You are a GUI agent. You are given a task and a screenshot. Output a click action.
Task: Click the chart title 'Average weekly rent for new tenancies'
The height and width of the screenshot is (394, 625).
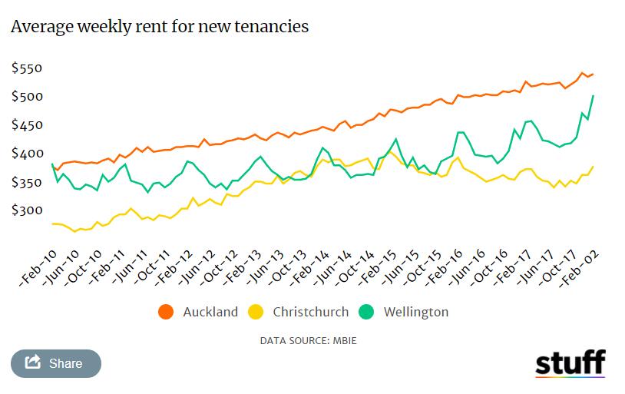(x=160, y=26)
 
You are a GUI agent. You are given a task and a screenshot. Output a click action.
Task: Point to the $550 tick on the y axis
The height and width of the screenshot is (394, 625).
(x=27, y=68)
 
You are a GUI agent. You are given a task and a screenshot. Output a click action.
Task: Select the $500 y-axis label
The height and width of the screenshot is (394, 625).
(x=27, y=97)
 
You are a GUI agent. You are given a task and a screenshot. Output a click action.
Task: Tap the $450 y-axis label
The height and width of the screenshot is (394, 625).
(x=27, y=125)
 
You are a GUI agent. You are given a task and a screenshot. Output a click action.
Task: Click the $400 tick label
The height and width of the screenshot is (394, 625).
(x=27, y=154)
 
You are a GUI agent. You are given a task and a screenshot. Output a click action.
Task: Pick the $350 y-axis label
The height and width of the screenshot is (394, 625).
(x=27, y=182)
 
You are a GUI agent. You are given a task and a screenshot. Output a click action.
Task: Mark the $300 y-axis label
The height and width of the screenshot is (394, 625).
(x=27, y=210)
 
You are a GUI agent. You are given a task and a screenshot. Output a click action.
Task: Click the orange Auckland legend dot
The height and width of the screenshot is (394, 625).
(x=166, y=312)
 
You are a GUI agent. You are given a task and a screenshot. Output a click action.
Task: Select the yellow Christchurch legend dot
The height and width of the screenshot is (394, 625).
(x=256, y=312)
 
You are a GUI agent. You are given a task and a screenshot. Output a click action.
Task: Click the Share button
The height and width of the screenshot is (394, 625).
(x=55, y=363)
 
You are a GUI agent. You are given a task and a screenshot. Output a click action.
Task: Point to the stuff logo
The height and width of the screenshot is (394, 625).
(x=570, y=363)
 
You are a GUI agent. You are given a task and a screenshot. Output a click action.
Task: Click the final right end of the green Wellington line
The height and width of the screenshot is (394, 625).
(x=594, y=96)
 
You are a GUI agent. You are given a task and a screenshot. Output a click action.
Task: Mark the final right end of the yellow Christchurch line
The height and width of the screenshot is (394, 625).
(x=594, y=167)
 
